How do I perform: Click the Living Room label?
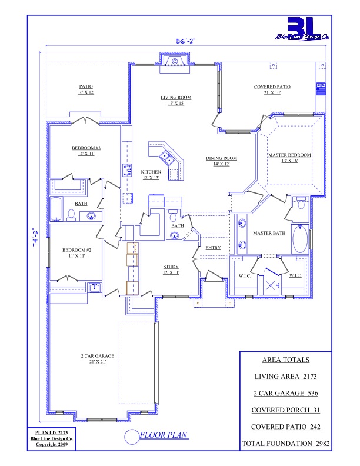click(176, 101)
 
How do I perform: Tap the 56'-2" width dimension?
click(186, 41)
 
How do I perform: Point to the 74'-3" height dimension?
click(35, 237)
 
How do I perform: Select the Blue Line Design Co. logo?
click(302, 29)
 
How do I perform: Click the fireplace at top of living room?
click(175, 62)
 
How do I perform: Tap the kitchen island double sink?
click(166, 157)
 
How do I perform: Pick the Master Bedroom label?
click(289, 158)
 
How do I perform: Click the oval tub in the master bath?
click(300, 239)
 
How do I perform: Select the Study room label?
click(171, 269)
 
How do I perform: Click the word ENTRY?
click(214, 248)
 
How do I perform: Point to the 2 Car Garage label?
click(98, 359)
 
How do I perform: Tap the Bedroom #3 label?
click(86, 151)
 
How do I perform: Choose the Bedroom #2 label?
click(76, 252)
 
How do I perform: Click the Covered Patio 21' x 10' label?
click(272, 89)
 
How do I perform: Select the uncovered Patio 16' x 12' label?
click(86, 89)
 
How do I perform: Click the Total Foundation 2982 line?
click(286, 444)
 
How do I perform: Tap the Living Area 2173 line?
click(286, 377)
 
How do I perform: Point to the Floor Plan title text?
click(164, 435)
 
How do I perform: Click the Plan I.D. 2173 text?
click(52, 433)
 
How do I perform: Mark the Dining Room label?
click(221, 161)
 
